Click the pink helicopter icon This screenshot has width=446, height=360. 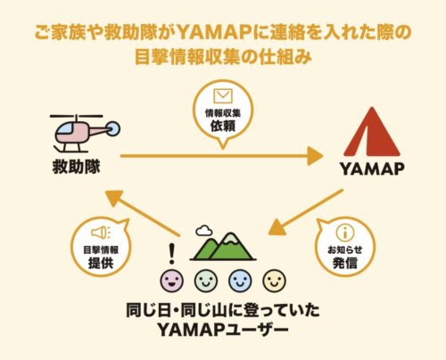pos(82,132)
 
